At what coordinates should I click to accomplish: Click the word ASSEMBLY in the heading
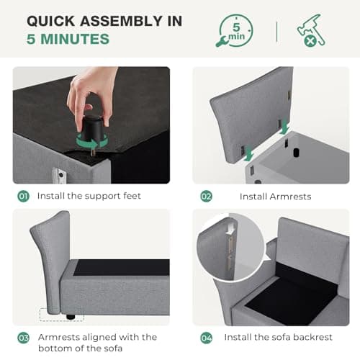click(x=121, y=21)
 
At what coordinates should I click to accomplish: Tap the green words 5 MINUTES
click(x=68, y=39)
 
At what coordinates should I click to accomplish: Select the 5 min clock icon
click(x=234, y=31)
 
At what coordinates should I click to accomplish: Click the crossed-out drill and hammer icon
click(x=311, y=30)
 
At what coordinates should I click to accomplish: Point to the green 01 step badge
click(x=23, y=197)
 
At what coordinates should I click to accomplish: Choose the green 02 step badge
click(x=207, y=197)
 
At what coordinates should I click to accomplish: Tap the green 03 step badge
click(x=23, y=338)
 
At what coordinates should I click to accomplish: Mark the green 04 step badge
click(x=207, y=338)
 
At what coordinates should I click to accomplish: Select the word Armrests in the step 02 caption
click(x=290, y=197)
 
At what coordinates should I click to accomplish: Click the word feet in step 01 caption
click(x=132, y=196)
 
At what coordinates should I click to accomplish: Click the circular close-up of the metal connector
click(x=230, y=247)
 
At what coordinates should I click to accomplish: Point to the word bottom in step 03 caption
click(x=53, y=348)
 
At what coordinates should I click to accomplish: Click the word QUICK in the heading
click(x=51, y=21)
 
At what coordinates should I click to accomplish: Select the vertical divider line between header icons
click(x=277, y=32)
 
